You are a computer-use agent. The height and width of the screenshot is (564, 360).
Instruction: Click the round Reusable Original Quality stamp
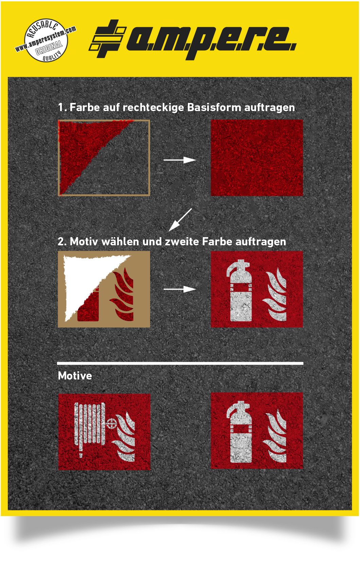[46, 40]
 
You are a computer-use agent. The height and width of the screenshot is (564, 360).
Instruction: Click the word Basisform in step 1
[214, 107]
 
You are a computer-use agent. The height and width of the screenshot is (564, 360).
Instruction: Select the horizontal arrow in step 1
[179, 160]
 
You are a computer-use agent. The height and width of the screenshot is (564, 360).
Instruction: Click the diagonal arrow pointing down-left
[180, 220]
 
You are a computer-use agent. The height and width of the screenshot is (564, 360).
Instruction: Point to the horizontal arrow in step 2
[179, 289]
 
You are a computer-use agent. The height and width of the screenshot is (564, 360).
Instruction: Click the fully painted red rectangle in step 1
[256, 158]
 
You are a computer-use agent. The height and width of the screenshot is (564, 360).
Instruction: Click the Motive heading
[75, 376]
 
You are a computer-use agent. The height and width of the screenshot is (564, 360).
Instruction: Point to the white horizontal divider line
[180, 363]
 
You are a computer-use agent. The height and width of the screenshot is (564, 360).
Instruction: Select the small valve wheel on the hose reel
[111, 423]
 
